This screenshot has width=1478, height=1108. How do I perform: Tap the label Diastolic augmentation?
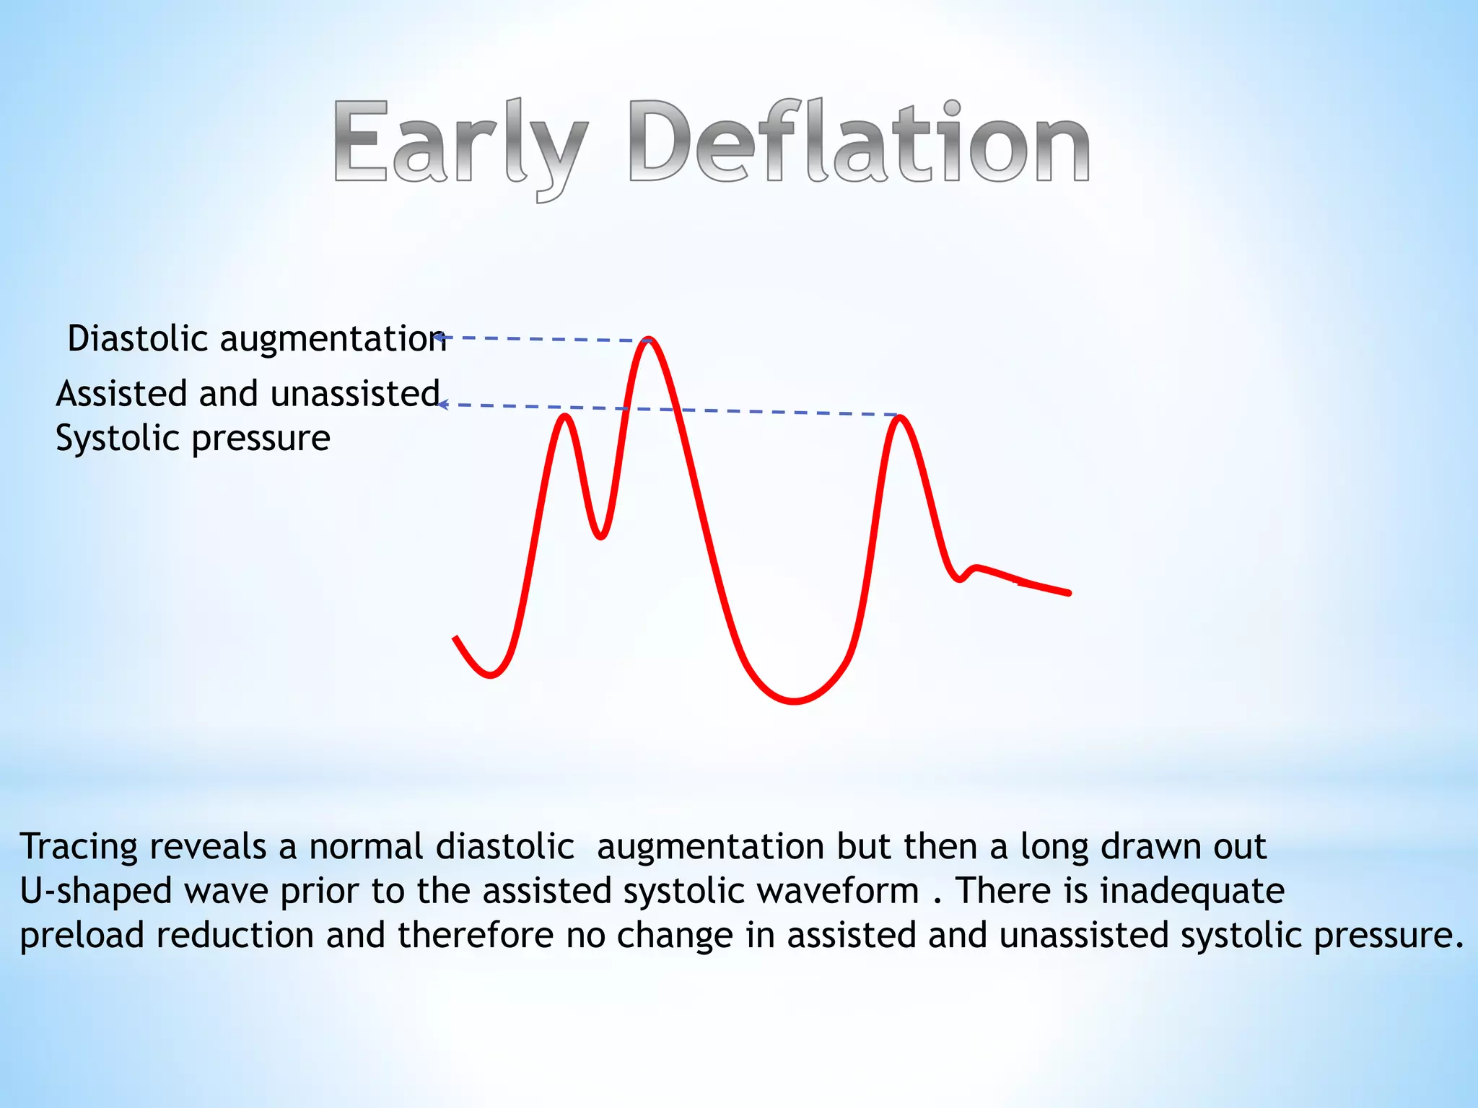[256, 338]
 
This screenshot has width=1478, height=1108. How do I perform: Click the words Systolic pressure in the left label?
[193, 438]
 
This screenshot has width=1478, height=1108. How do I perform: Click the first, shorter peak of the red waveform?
[565, 416]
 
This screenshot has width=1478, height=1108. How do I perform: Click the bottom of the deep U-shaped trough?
[794, 700]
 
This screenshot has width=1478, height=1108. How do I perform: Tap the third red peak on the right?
[899, 418]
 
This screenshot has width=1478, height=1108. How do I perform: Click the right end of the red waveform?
[1067, 593]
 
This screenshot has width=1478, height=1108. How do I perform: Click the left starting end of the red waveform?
[456, 638]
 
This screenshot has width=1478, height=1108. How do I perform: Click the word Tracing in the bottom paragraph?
[78, 846]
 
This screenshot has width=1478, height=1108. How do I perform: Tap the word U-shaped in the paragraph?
[95, 890]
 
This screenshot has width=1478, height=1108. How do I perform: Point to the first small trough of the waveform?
[491, 675]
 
